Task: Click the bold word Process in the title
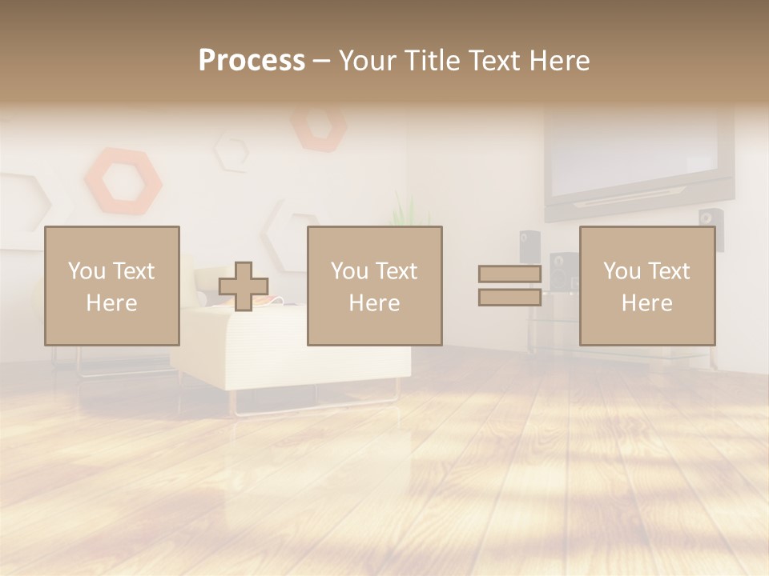[252, 61]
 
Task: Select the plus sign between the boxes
[244, 286]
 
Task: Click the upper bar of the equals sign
[509, 274]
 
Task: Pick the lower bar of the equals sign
[509, 298]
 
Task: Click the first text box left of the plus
[112, 286]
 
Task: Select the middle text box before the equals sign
[375, 286]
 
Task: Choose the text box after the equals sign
[647, 286]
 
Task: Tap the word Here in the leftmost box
[111, 303]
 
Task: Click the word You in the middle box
[349, 271]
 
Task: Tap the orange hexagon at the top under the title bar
[318, 126]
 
